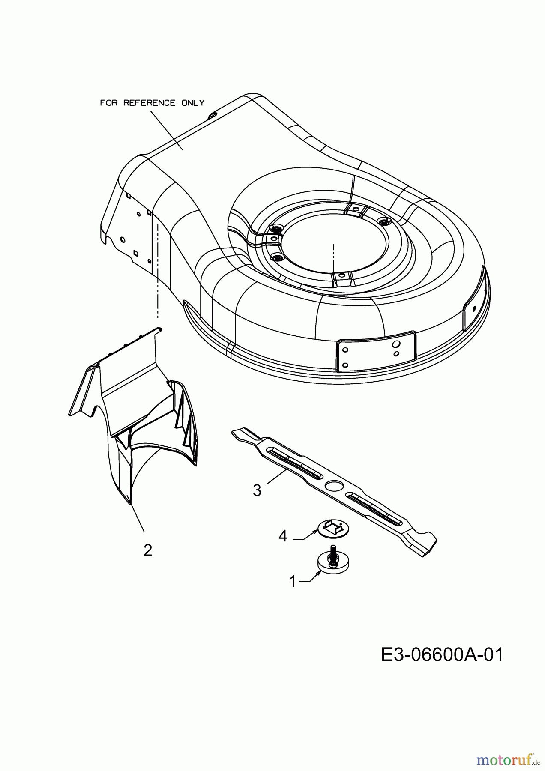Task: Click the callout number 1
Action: pos(293,581)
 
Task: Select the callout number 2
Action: pos(148,550)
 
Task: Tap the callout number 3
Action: pos(257,490)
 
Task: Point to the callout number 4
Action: pos(283,536)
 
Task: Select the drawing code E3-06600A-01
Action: pos(442,655)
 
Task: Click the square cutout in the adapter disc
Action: pos(333,527)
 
